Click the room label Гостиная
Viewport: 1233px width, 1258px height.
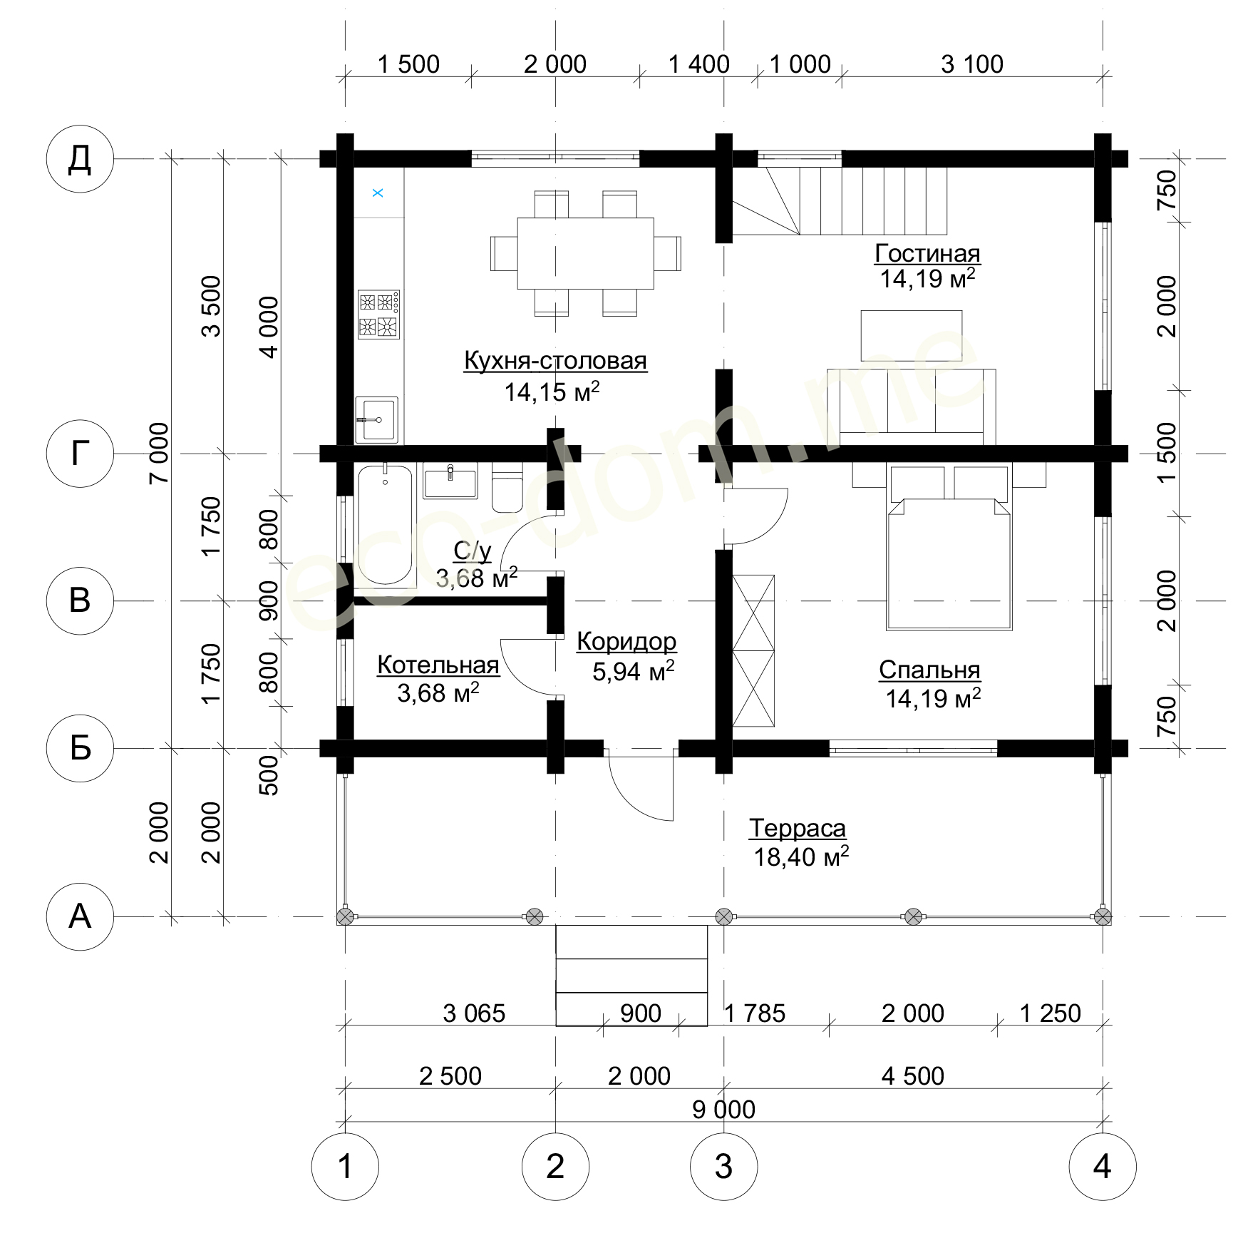927,253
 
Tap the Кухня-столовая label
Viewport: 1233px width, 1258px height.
555,361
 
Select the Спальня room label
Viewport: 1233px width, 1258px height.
929,670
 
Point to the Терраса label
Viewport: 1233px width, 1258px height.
798,829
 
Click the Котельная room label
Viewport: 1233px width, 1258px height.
438,665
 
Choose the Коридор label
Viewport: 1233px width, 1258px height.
626,642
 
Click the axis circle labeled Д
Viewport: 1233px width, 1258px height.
80,158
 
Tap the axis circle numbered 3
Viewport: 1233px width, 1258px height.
723,1167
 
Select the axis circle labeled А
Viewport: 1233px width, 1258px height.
80,916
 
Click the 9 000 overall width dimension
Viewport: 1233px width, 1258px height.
723,1110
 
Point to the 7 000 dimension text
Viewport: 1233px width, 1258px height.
159,453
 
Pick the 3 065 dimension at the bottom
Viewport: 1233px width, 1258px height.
474,1013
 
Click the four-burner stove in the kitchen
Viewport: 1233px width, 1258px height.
378,314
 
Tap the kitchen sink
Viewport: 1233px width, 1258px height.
376,419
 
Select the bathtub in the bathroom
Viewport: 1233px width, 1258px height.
385,525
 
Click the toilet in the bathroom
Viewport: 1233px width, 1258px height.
507,488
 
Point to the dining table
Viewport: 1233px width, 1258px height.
585,253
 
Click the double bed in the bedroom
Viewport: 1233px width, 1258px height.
949,547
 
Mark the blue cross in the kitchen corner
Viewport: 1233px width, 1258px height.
378,193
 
